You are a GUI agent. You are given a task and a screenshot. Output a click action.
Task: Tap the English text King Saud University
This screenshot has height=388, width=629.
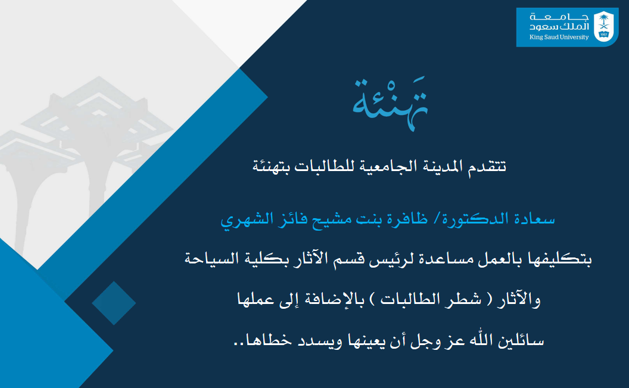[559, 37]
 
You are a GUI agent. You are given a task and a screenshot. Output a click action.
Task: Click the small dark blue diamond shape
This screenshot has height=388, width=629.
[114, 303]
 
